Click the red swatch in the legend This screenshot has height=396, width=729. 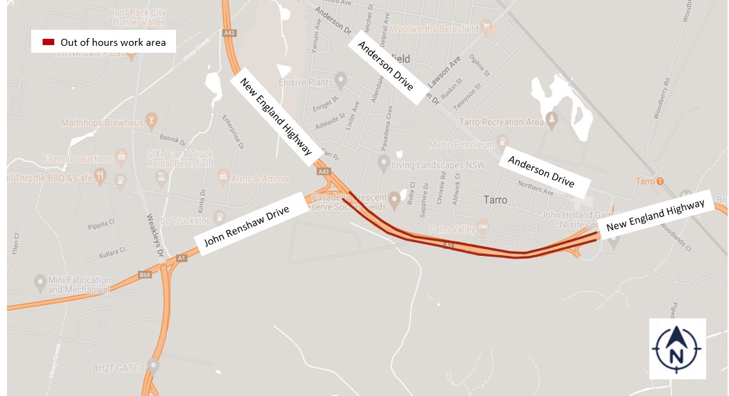49,42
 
